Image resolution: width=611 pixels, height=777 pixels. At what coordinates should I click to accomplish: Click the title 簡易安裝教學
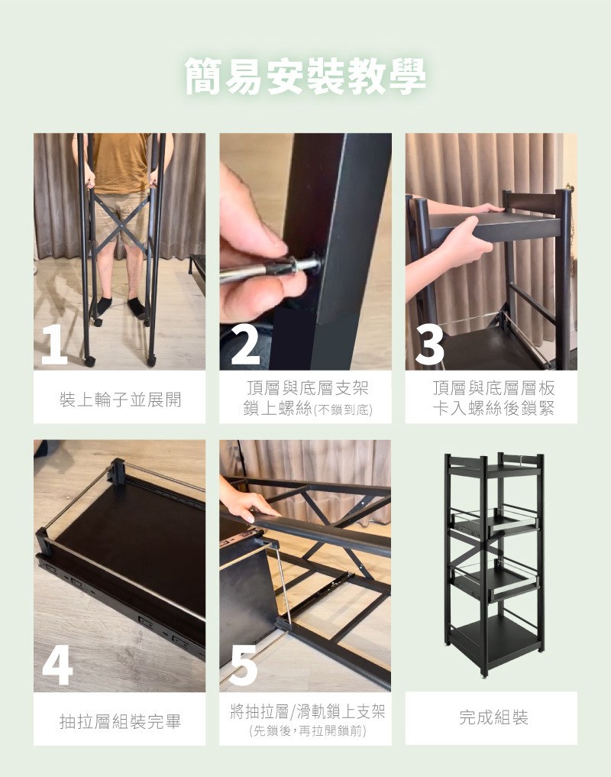pyautogui.click(x=305, y=77)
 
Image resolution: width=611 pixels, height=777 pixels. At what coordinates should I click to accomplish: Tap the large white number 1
pyautogui.click(x=53, y=344)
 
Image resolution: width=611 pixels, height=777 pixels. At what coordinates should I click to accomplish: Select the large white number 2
pyautogui.click(x=245, y=344)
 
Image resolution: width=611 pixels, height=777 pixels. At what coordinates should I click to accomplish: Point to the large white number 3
pyautogui.click(x=429, y=344)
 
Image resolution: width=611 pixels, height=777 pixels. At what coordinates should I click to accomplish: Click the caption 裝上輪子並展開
pyautogui.click(x=120, y=400)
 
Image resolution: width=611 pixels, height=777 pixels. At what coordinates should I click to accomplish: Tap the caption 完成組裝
pyautogui.click(x=493, y=717)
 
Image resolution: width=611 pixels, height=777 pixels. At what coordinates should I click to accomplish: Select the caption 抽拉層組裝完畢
pyautogui.click(x=120, y=721)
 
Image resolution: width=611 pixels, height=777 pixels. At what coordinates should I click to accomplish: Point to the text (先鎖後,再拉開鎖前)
pyautogui.click(x=307, y=731)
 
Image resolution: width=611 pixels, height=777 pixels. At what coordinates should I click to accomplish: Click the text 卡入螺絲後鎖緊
pyautogui.click(x=493, y=409)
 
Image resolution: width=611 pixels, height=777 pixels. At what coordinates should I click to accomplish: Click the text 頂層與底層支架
pyautogui.click(x=308, y=388)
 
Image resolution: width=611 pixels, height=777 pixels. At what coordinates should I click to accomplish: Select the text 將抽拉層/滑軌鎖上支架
pyautogui.click(x=308, y=712)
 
